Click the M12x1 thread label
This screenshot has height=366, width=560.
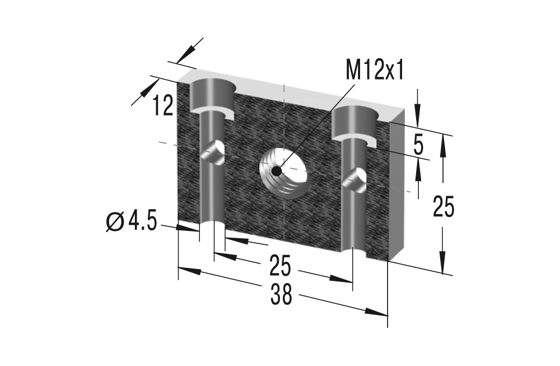click(x=375, y=71)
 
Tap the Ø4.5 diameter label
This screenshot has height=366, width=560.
click(x=130, y=222)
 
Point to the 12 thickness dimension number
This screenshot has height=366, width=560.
click(x=164, y=105)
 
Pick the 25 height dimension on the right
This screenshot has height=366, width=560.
click(x=444, y=207)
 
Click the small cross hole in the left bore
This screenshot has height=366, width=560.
click(x=213, y=152)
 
